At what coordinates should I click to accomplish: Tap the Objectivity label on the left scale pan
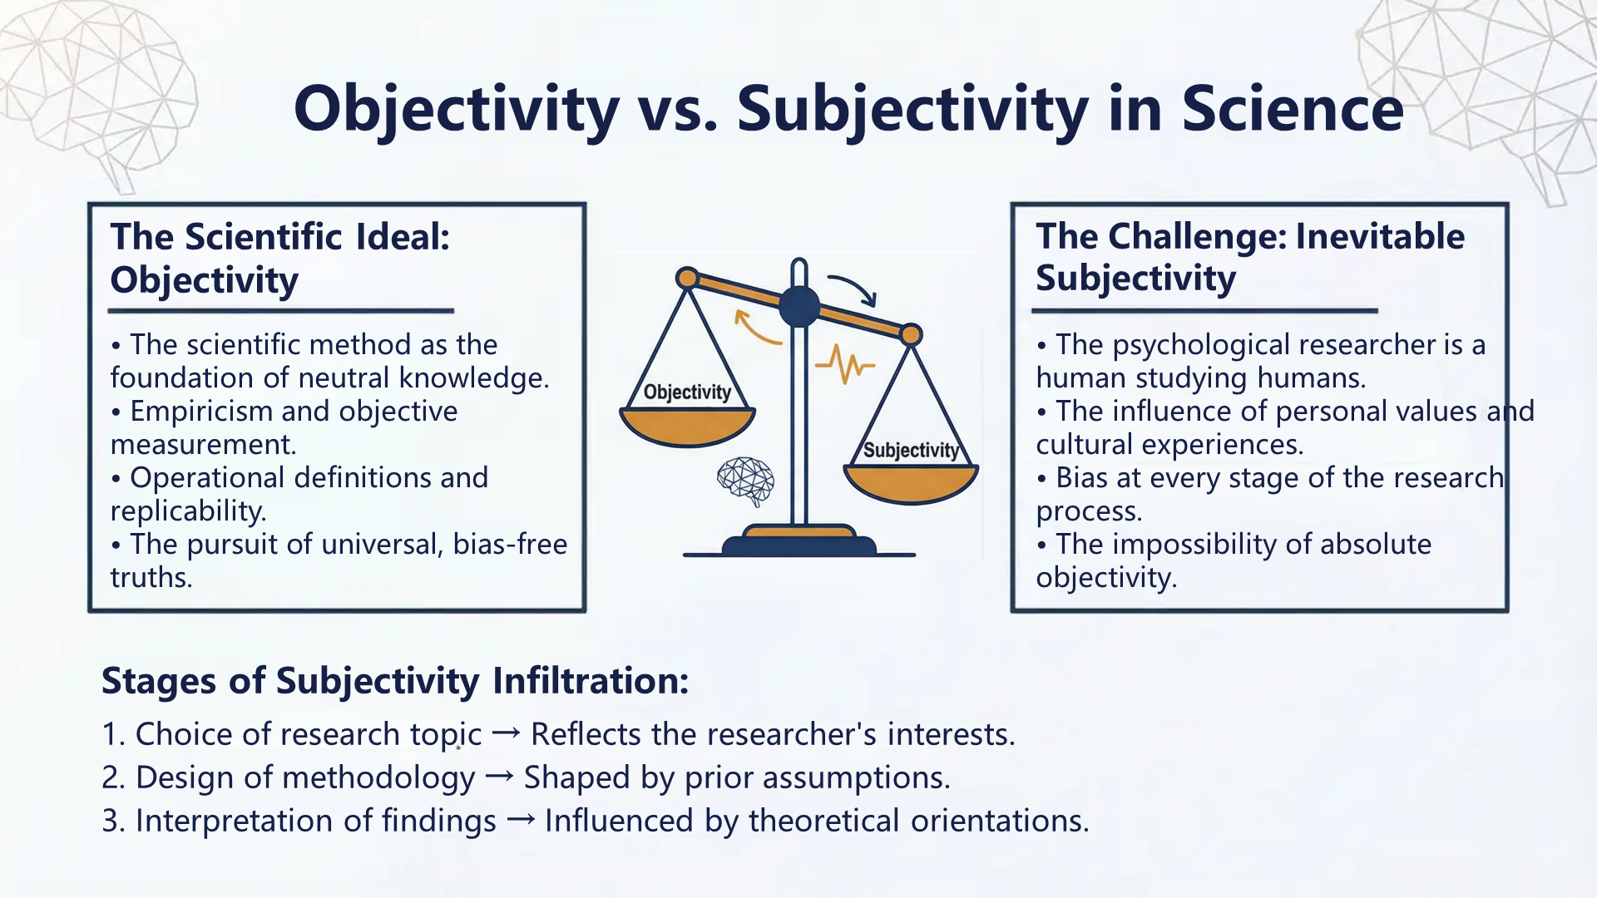pos(687,392)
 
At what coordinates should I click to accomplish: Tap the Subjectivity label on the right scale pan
pos(911,450)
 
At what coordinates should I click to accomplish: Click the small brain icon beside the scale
pos(746,481)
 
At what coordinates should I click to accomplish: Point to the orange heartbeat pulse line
pos(845,365)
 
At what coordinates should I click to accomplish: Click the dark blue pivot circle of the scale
pos(799,306)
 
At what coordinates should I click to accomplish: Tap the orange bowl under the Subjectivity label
pos(911,484)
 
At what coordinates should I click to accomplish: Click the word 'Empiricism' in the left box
pos(208,412)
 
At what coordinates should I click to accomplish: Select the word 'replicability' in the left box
pos(186,511)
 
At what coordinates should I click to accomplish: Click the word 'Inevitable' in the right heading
pos(1380,237)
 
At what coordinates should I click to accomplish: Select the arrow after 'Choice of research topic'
pos(506,733)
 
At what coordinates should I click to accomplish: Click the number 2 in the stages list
pos(111,778)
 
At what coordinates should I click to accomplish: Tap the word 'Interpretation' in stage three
pos(234,822)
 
